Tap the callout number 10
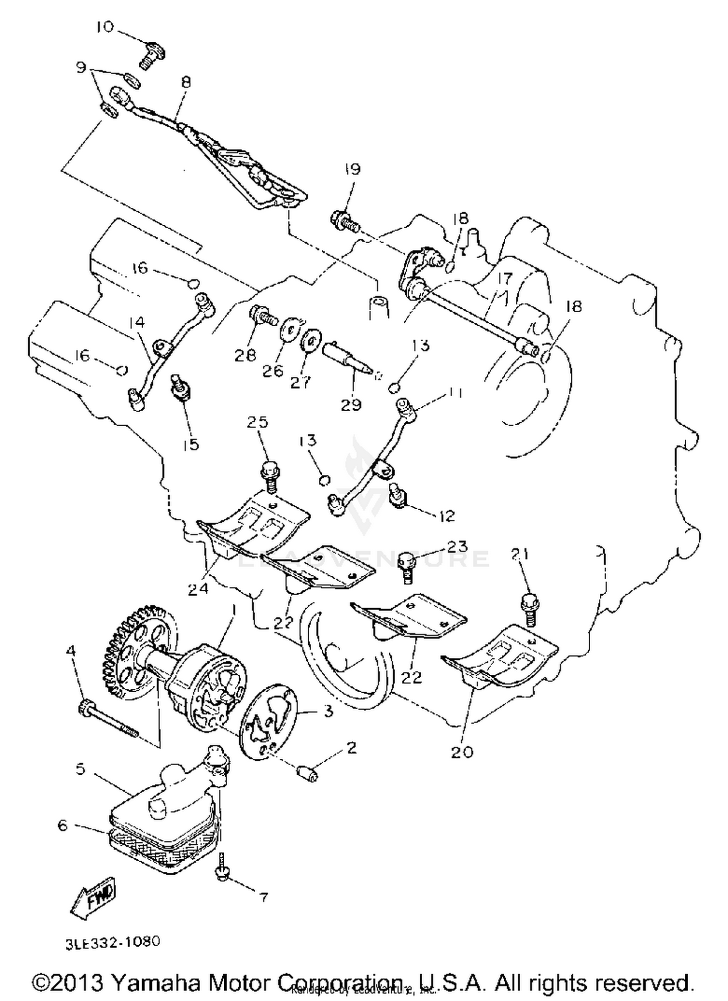coord(104,27)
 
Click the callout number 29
coord(351,404)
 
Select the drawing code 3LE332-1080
coord(113,942)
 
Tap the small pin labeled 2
coord(307,771)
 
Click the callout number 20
coord(462,751)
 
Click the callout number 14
coord(137,322)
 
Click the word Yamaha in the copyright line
coord(156,983)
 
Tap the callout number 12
coord(447,516)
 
